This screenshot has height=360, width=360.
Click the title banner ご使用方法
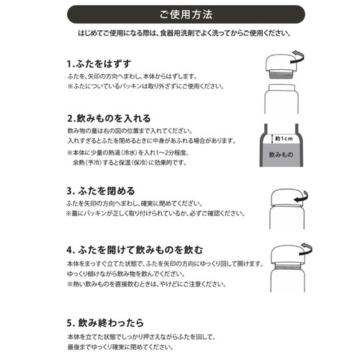pyautogui.click(x=186, y=14)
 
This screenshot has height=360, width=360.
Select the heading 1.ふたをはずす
pyautogui.click(x=99, y=64)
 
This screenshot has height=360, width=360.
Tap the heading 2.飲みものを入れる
pyautogui.click(x=109, y=118)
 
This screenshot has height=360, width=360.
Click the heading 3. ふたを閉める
pyautogui.click(x=101, y=191)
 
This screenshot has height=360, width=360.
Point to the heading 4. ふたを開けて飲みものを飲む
pyautogui.click(x=135, y=250)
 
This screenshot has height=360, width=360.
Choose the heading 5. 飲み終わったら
pyautogui.click(x=105, y=323)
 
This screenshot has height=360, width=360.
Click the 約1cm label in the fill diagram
pyautogui.click(x=284, y=138)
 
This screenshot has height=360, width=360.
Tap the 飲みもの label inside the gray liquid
pyautogui.click(x=281, y=155)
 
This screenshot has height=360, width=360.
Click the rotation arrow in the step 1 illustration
pyautogui.click(x=298, y=57)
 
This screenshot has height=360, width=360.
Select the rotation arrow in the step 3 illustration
pyautogui.click(x=302, y=197)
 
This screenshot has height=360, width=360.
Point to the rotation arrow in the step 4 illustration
pyautogui.click(x=307, y=249)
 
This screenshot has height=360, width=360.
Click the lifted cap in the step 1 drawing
pyautogui.click(x=281, y=62)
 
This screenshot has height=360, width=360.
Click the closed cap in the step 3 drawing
pyautogui.click(x=287, y=197)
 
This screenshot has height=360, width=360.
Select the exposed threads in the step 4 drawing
pyautogui.click(x=287, y=266)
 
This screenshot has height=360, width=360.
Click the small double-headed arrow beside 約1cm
pyautogui.click(x=272, y=139)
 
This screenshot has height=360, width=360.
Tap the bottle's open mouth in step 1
pyautogui.click(x=282, y=87)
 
